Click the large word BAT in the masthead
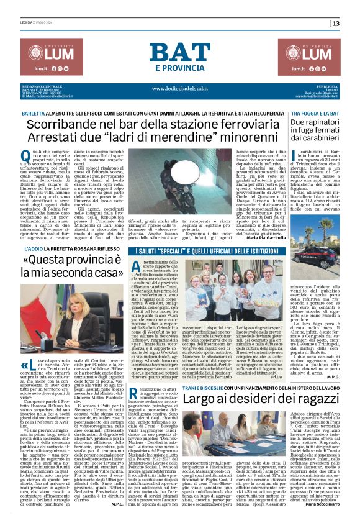pyautogui.click(x=179, y=52)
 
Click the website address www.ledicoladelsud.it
pyautogui.click(x=179, y=88)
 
